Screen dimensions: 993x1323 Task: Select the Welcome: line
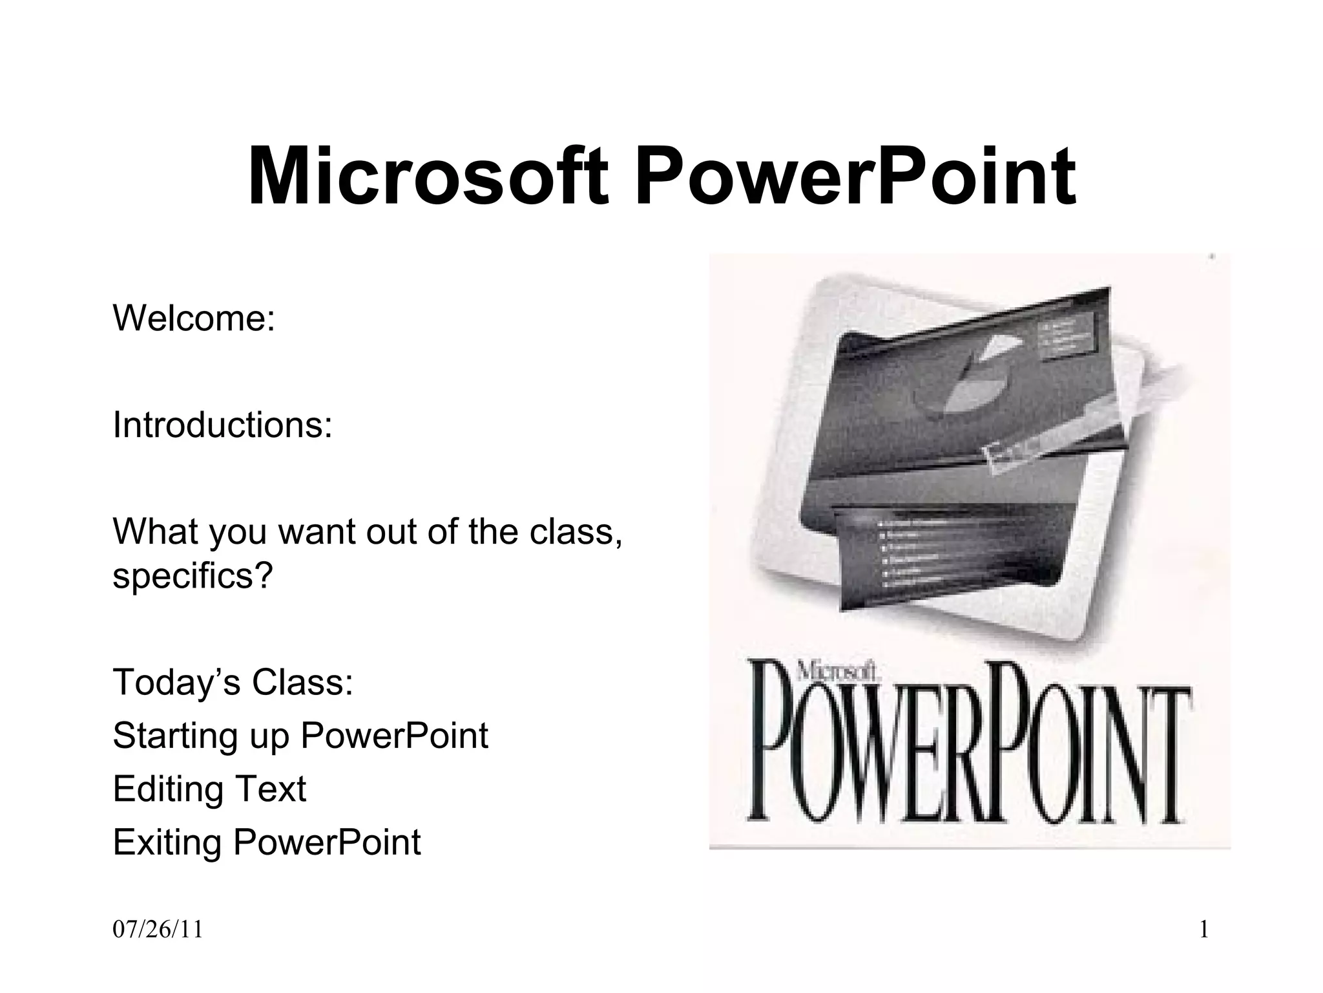[x=194, y=318]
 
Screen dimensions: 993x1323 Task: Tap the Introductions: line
[x=222, y=425]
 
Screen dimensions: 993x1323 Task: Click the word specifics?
[x=193, y=575]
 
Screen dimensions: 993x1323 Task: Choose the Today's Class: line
[x=233, y=682]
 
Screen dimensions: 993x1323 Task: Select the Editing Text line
[x=209, y=789]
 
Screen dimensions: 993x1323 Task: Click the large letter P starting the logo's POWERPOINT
[x=775, y=743]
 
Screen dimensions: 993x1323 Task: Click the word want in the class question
[x=318, y=531]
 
